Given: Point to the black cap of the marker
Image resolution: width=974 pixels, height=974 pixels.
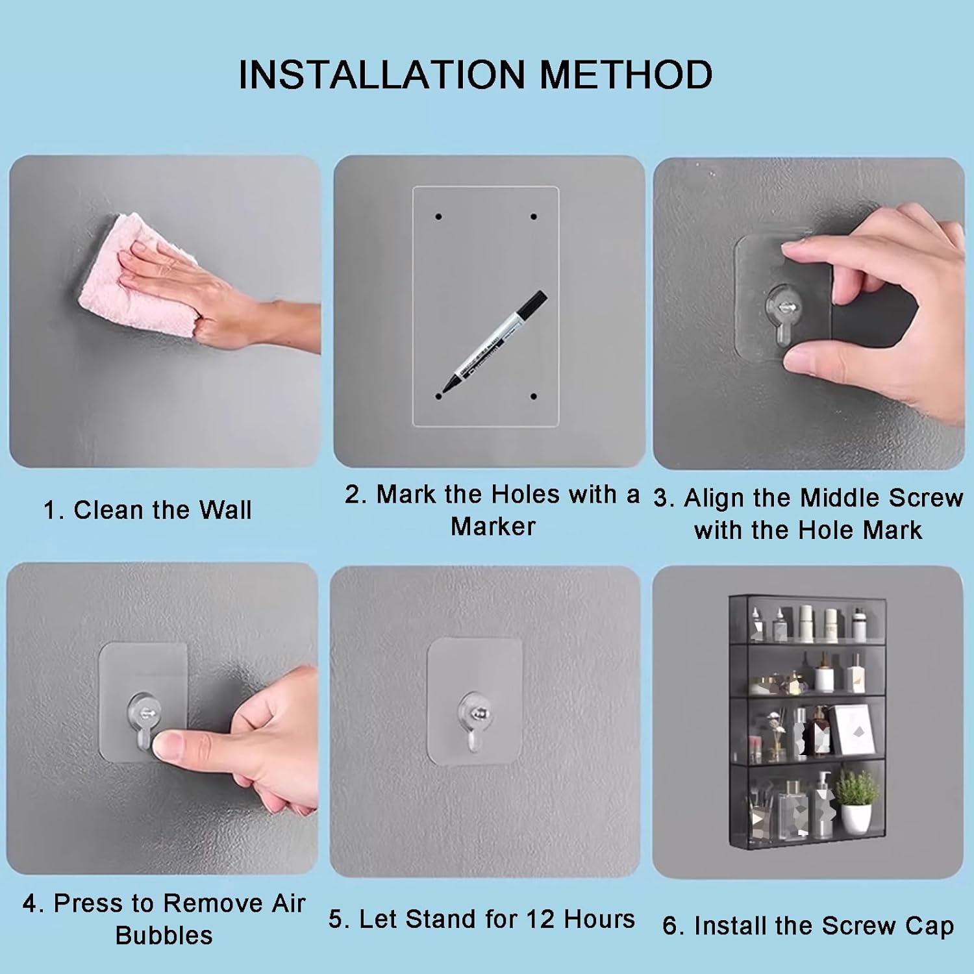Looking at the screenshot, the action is point(532,305).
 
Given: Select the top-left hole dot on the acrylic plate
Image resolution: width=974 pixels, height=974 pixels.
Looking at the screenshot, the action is point(439,216).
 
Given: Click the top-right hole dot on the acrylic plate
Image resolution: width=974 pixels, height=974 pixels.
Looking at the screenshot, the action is point(534,216).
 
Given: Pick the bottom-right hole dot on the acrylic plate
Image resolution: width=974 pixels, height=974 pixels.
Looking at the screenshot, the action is point(534,396).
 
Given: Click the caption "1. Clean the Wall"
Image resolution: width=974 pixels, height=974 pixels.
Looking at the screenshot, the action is point(147,510).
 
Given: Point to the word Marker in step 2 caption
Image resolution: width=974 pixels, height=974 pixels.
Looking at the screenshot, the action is point(493,526).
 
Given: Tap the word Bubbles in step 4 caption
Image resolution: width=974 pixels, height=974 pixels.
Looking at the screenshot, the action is point(164,935).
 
